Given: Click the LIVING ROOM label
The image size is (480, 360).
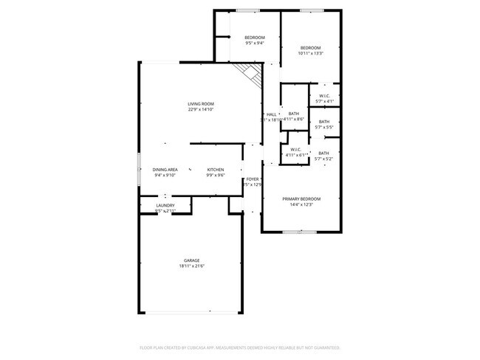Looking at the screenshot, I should [200, 104].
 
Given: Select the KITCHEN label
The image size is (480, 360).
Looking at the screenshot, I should [215, 169].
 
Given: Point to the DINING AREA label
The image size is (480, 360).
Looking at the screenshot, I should [165, 169].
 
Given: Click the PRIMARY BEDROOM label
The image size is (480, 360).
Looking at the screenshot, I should [302, 198].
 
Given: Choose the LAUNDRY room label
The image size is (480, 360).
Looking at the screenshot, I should [165, 205].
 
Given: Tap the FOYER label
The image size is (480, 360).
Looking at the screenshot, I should [253, 179].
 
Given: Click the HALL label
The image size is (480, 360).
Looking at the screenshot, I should [271, 114].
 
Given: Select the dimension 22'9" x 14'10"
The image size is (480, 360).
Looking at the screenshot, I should [200, 110].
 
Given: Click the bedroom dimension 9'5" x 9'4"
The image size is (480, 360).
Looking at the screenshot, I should [255, 43].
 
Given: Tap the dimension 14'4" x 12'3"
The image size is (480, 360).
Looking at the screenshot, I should [302, 204].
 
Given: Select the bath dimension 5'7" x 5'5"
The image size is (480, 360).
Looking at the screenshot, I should [324, 128].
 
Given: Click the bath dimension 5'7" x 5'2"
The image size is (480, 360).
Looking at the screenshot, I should [324, 159].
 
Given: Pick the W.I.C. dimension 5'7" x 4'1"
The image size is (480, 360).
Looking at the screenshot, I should [325, 101].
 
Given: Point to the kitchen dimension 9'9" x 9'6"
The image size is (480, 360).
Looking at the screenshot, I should [215, 175].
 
